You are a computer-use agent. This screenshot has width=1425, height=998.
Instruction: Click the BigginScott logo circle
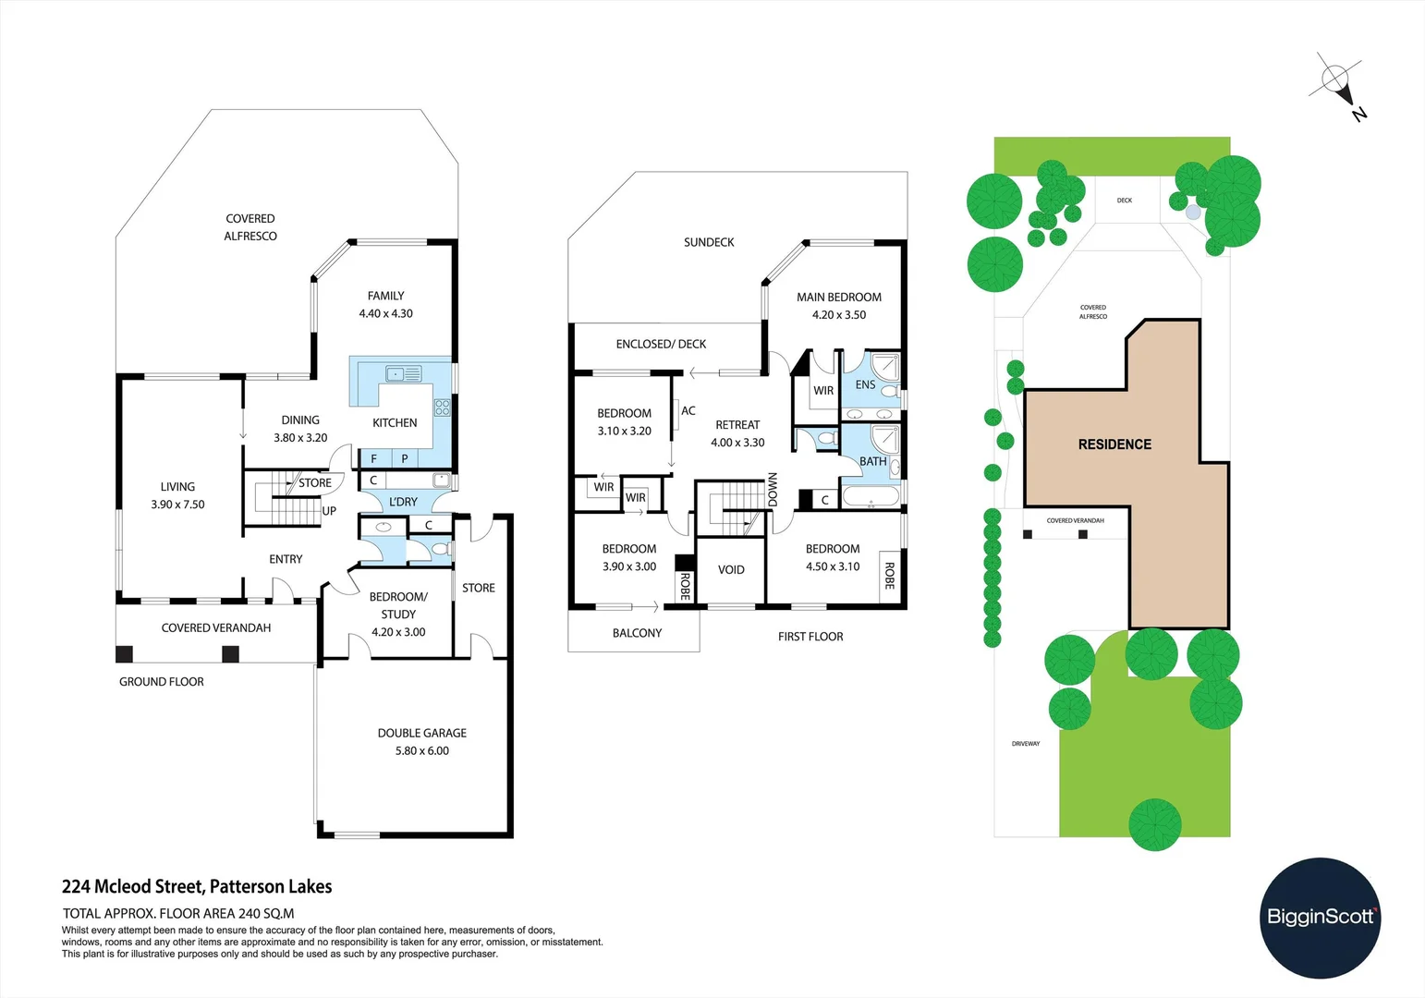tap(1320, 918)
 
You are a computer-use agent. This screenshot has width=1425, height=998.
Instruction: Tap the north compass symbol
tap(1336, 81)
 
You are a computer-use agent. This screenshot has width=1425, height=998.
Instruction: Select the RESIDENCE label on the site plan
tap(1114, 444)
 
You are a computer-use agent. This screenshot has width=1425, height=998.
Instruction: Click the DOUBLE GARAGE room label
tap(421, 733)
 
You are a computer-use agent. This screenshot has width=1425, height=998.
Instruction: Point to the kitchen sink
tap(404, 374)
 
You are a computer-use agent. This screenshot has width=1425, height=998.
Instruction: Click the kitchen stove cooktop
tap(442, 407)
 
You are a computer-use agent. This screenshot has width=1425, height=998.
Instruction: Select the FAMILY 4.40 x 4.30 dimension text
tap(385, 313)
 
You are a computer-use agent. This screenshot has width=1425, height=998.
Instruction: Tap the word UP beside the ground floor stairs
tap(329, 511)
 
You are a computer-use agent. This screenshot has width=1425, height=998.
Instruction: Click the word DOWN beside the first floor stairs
tap(773, 490)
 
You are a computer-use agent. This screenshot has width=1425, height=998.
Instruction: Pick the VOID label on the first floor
tap(731, 570)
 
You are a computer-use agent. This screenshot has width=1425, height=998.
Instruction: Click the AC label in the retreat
tap(688, 411)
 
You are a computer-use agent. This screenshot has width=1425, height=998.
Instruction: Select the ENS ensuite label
tap(865, 384)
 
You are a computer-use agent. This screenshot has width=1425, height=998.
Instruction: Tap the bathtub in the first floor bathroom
tap(871, 499)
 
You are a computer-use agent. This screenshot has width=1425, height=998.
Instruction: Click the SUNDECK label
tap(709, 242)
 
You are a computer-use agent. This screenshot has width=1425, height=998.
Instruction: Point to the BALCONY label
tap(637, 633)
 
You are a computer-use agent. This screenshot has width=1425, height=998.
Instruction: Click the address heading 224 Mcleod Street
tap(197, 886)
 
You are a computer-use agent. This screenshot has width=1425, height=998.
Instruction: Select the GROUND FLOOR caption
tap(162, 682)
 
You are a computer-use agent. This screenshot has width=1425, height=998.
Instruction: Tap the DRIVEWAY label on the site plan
tap(1026, 744)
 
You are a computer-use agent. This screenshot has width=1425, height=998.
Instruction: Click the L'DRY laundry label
tap(403, 502)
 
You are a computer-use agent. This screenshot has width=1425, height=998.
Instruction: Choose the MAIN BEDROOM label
tap(839, 298)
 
